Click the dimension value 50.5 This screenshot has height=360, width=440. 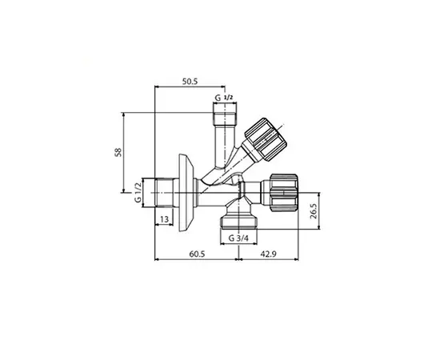[x=190, y=82]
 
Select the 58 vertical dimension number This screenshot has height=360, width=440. [x=118, y=152]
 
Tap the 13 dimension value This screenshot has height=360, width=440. [x=163, y=219]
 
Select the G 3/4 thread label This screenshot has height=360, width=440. [x=238, y=238]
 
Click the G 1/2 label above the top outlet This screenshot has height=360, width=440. [x=223, y=98]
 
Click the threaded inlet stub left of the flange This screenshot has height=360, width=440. [x=165, y=193]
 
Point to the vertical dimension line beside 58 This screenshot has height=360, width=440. [x=125, y=152]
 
